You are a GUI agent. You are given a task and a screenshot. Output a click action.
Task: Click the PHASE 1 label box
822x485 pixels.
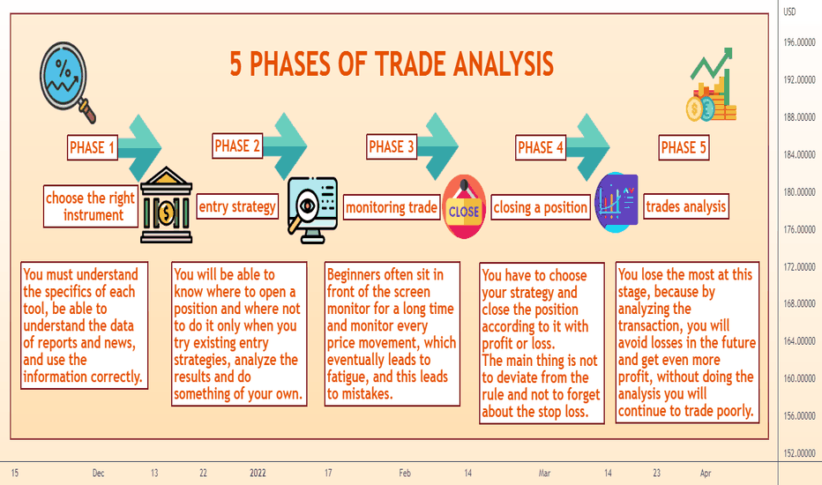[93, 147]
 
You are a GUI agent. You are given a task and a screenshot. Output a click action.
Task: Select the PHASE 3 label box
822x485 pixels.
[392, 146]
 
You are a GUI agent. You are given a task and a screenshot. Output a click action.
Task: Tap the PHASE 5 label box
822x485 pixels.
[684, 147]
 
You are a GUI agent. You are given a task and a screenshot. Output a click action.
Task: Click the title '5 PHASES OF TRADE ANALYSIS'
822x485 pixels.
[392, 64]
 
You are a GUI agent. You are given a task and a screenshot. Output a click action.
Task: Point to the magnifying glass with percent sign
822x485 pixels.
[66, 81]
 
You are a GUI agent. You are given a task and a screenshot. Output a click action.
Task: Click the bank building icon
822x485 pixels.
[166, 205]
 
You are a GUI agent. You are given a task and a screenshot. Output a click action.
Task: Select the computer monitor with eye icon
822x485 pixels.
[312, 210]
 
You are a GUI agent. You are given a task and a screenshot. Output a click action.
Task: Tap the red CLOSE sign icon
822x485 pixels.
[464, 207]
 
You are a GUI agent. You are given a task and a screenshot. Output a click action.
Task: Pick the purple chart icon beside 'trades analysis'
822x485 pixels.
[616, 203]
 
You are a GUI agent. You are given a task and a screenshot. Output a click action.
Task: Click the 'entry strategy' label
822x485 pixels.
[237, 206]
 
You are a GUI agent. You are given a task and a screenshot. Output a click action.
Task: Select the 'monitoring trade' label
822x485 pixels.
[392, 207]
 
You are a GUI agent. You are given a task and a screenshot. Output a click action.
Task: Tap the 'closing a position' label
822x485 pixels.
[541, 207]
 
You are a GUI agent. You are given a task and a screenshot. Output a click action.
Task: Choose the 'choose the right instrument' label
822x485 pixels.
[91, 206]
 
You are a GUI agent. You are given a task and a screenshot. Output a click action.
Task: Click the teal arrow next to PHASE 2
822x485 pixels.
[285, 146]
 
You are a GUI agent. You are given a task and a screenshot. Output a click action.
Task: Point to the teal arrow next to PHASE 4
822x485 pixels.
[587, 147]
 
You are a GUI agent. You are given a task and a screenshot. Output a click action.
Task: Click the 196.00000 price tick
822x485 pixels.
[799, 42]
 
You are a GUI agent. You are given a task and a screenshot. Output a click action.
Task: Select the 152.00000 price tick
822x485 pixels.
[799, 453]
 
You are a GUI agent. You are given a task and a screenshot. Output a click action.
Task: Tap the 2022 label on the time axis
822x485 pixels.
[258, 473]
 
